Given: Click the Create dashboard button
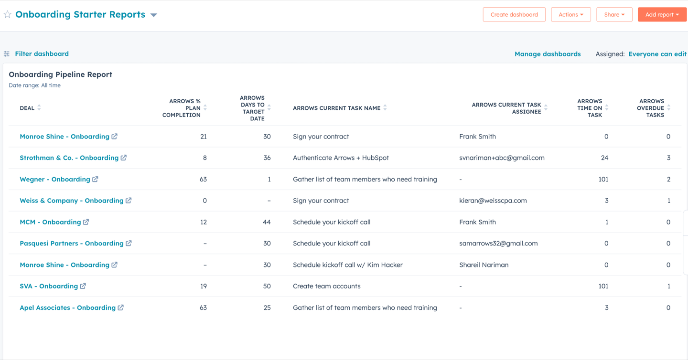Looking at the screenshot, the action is [x=514, y=14].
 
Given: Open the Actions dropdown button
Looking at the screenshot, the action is [x=570, y=14].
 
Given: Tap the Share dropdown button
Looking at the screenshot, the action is [x=614, y=14].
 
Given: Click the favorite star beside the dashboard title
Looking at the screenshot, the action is [x=7, y=14].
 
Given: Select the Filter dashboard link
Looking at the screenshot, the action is [x=42, y=53].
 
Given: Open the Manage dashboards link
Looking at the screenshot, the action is [x=548, y=54].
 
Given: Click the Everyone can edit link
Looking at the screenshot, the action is [x=657, y=54].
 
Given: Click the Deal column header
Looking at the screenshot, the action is [x=27, y=108].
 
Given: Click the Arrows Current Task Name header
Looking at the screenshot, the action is [x=337, y=108].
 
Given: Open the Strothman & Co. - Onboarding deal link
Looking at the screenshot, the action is [x=69, y=158].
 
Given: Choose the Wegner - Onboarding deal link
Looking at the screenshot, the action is [x=55, y=179].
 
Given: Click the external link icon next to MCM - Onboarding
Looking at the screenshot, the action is [x=86, y=222].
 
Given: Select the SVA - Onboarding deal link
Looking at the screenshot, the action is [x=49, y=286].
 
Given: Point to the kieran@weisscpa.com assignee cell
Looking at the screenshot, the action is [x=493, y=201].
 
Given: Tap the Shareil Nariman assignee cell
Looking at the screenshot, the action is [x=484, y=265].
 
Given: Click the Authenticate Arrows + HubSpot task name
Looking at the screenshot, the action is [x=341, y=158].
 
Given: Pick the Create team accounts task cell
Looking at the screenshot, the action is [x=326, y=286].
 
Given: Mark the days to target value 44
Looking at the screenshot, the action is [x=267, y=222].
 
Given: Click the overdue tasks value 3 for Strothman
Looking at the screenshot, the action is [x=668, y=158].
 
